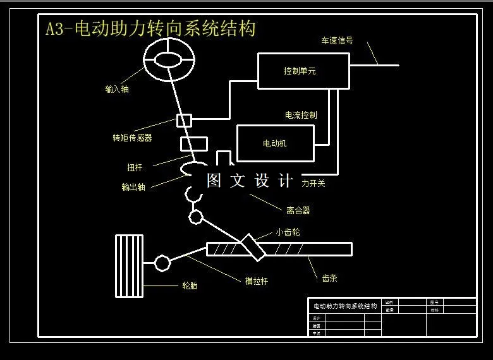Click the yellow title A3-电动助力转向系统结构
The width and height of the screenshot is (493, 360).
pyautogui.click(x=150, y=29)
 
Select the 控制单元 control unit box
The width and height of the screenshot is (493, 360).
pyautogui.click(x=303, y=71)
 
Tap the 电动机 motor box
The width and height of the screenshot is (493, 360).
pyautogui.click(x=275, y=143)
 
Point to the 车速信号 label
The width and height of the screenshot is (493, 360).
pyautogui.click(x=337, y=41)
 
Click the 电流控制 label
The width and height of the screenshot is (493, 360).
pyautogui.click(x=301, y=115)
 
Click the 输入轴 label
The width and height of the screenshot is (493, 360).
pyautogui.click(x=117, y=89)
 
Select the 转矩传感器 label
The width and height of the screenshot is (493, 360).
pyautogui.click(x=132, y=137)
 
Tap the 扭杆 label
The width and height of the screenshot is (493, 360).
pyautogui.click(x=135, y=167)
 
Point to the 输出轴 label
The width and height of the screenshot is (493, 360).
pyautogui.click(x=133, y=187)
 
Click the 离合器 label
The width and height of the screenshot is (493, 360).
pyautogui.click(x=298, y=210)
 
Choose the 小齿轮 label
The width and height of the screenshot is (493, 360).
pyautogui.click(x=287, y=232)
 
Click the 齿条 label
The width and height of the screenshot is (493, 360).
pyautogui.click(x=329, y=277)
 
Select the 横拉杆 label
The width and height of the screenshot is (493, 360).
pyautogui.click(x=256, y=281)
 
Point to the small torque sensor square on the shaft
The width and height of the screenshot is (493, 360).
pyautogui.click(x=184, y=119)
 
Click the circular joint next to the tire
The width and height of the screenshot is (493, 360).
pyautogui.click(x=162, y=262)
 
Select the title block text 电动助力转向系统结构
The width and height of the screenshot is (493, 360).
pyautogui.click(x=344, y=306)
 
